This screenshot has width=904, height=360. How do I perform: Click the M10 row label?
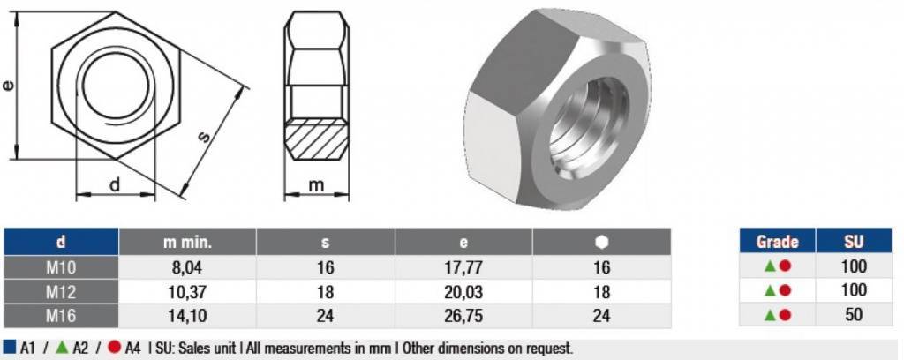(x=61, y=267)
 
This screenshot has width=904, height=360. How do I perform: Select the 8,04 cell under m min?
(x=187, y=267)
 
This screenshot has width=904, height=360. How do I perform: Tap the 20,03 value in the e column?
(x=463, y=291)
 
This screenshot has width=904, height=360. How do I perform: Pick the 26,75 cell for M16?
(x=463, y=316)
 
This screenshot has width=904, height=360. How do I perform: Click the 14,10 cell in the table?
(x=187, y=316)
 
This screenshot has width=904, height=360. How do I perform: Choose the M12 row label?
(x=61, y=291)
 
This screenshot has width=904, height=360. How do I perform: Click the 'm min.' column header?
(x=187, y=242)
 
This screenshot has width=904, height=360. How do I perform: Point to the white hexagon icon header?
(x=601, y=242)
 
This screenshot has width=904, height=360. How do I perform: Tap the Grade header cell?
(x=777, y=242)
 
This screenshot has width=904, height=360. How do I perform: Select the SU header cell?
(x=854, y=242)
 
